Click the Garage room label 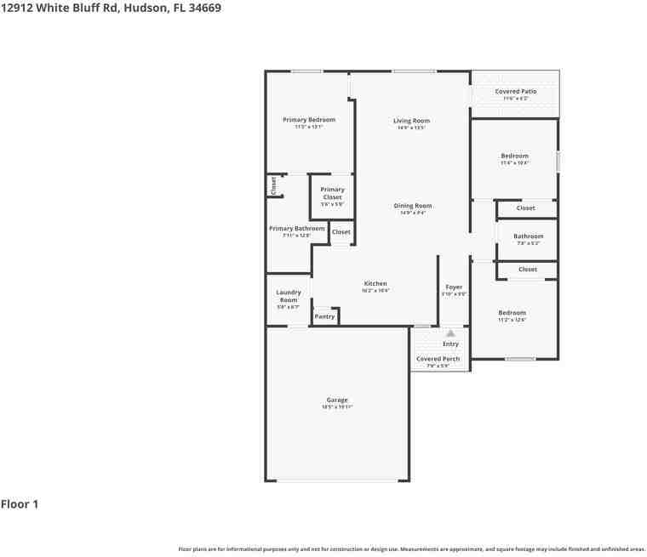(x=337, y=400)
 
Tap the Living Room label (x=411, y=121)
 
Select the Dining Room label (x=413, y=206)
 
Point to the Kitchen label (x=375, y=283)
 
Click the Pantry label (x=324, y=316)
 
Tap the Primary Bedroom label (x=309, y=120)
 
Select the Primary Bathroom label (x=297, y=228)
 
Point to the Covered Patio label (x=516, y=91)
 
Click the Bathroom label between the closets (x=529, y=236)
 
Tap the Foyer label (x=454, y=287)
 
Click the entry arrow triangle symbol (x=450, y=333)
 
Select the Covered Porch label (x=438, y=359)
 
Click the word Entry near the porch (x=450, y=344)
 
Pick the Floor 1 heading (x=20, y=504)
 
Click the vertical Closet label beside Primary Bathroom (x=273, y=186)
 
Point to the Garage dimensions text (x=337, y=407)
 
